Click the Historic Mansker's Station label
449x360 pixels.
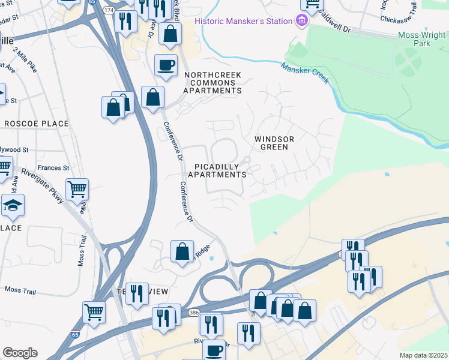(x=243, y=22)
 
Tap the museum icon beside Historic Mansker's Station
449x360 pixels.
(x=301, y=22)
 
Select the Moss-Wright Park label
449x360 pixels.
(x=423, y=40)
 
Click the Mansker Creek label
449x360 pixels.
(x=305, y=71)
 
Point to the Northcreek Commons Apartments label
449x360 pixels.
(x=212, y=83)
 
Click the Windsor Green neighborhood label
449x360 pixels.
(x=275, y=143)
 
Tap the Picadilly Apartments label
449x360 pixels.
(x=217, y=170)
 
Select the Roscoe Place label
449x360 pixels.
(x=37, y=124)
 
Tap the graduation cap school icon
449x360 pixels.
(x=13, y=205)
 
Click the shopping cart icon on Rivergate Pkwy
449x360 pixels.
(x=77, y=189)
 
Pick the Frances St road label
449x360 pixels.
(x=53, y=168)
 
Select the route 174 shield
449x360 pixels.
(x=109, y=11)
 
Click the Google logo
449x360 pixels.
(x=20, y=353)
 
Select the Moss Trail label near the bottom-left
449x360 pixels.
(x=20, y=290)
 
